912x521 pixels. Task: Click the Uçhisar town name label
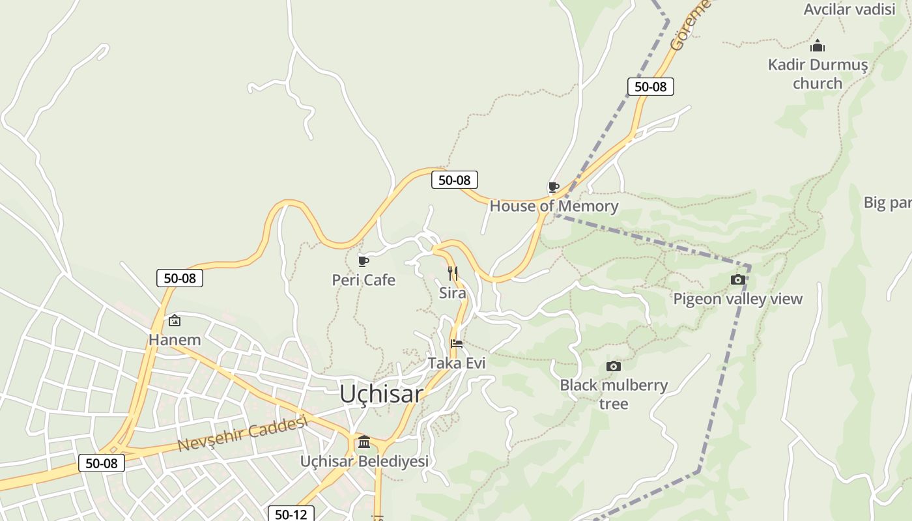tap(381, 394)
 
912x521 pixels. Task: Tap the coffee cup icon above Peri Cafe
tap(363, 262)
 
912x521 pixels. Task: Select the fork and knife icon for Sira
tap(453, 274)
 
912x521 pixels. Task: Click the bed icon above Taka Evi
tap(457, 344)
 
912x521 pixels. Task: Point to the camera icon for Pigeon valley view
tap(737, 280)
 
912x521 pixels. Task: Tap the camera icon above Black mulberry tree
tap(613, 367)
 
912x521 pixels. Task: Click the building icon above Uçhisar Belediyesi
tap(364, 442)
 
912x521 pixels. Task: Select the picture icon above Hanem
tap(175, 320)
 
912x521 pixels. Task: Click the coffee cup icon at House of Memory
tap(553, 188)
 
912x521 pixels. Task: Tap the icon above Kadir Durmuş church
tap(818, 46)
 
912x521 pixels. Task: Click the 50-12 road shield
tap(291, 514)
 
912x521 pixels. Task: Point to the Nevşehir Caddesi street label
tap(242, 434)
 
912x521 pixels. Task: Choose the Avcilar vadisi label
tap(849, 9)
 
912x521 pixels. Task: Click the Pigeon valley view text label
tap(737, 299)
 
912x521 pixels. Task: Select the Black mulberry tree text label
tap(614, 394)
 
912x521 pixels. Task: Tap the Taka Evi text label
tap(457, 363)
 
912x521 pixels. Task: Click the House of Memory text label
tap(554, 206)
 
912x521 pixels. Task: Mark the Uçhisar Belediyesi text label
tap(364, 461)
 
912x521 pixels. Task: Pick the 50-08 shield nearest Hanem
tap(180, 278)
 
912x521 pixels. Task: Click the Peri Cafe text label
tap(363, 280)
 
